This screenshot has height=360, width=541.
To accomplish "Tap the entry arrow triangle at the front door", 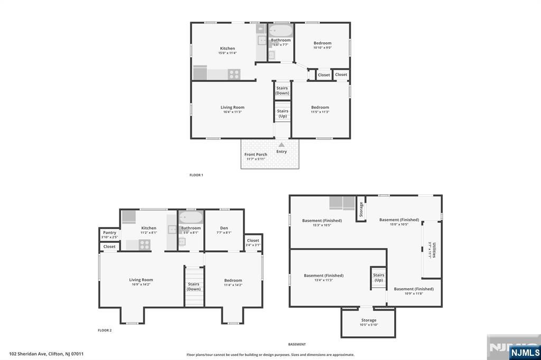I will (282, 145).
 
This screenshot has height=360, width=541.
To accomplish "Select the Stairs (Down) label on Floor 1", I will (282, 90).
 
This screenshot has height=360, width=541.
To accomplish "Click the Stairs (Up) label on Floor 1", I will (283, 113).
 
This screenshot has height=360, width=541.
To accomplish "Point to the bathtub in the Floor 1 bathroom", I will (280, 31).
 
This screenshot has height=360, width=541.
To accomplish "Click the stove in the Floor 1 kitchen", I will (234, 74).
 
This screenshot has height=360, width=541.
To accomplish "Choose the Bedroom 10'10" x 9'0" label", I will (322, 45).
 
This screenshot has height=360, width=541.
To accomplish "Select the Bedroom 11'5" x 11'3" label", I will (320, 109).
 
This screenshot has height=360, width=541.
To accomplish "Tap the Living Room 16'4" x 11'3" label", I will (232, 109).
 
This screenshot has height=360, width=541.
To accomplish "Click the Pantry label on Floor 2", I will (109, 235).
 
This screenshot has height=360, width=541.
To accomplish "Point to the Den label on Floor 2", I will (224, 230).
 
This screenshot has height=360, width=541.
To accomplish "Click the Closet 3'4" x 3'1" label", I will (253, 242).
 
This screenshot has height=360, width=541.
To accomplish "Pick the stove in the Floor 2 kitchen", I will (144, 244).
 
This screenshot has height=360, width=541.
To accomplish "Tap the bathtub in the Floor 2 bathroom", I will (190, 218).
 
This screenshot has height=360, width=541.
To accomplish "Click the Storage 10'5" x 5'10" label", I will (369, 322).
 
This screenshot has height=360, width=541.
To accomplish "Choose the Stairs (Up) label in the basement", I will (378, 278).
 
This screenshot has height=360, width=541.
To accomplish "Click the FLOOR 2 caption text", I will (105, 330).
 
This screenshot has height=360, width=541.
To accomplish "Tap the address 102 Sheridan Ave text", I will (46, 354).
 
